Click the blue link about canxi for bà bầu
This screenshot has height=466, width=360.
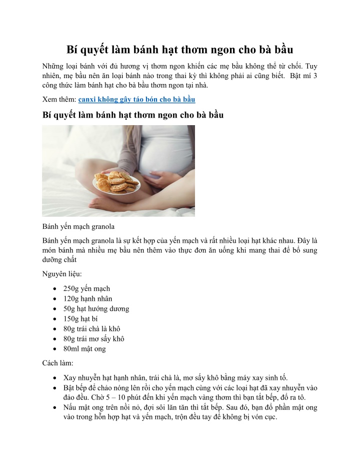[x=136, y=100]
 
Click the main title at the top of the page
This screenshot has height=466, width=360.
[x=180, y=50]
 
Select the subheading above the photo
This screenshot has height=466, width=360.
[x=132, y=115]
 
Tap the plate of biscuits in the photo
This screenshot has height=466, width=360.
[x=116, y=183]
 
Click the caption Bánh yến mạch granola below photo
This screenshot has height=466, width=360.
[x=78, y=226]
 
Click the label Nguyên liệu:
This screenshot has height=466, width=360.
[x=62, y=274]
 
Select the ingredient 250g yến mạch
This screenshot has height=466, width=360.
[x=86, y=288]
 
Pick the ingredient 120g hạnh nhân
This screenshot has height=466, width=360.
[x=87, y=298]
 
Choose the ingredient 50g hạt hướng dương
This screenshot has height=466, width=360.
[x=96, y=308]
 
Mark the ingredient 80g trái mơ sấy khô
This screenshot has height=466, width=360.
[x=93, y=338]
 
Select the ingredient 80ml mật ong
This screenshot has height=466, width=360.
[x=84, y=348]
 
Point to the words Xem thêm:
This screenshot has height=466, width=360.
[x=59, y=100]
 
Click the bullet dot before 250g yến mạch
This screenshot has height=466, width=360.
[x=53, y=289]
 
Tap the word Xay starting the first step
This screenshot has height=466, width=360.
[x=69, y=377]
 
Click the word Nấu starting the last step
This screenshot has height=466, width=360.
[x=70, y=407]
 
